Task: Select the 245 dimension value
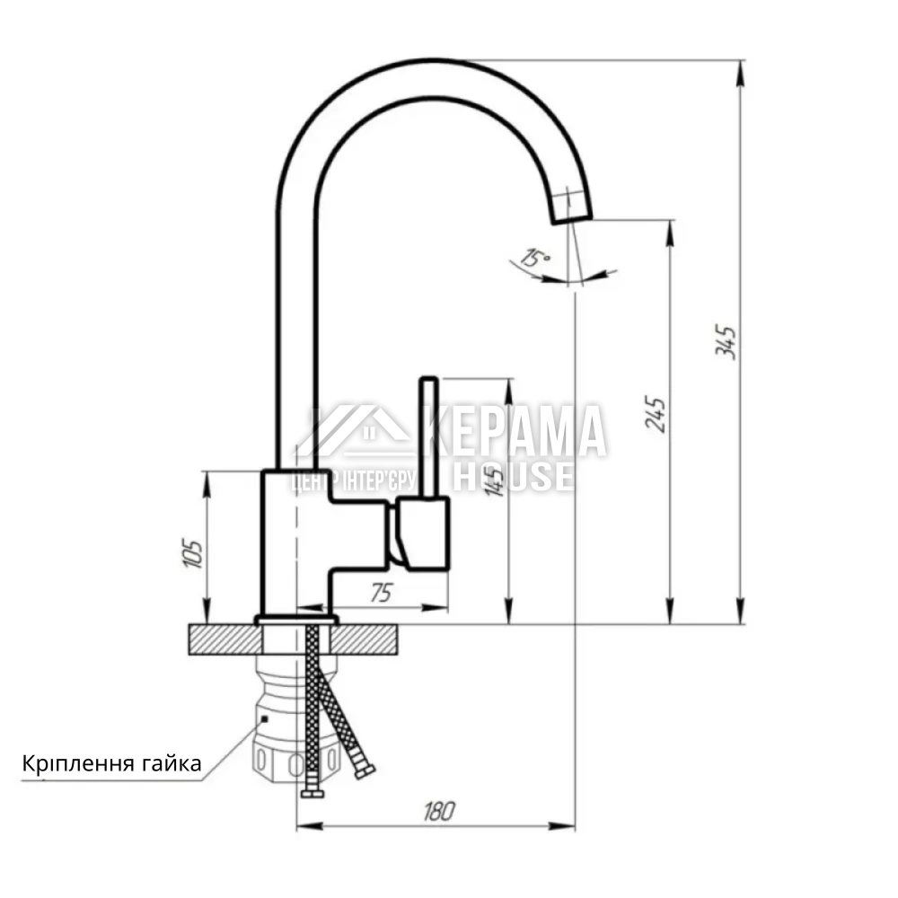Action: point(656,413)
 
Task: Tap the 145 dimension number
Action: point(494,480)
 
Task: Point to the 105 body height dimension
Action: point(192,553)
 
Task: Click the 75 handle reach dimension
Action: point(382,593)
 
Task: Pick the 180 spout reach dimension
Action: point(439,811)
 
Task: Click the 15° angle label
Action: point(535,258)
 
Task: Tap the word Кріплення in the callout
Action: point(70,764)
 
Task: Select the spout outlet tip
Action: point(572,216)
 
